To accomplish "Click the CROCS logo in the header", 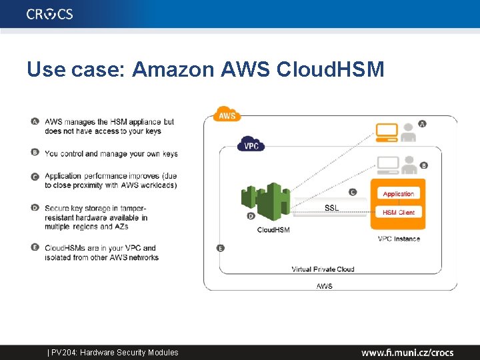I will [50, 14].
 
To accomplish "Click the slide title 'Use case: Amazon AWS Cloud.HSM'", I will [205, 69].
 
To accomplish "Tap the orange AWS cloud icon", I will [227, 115].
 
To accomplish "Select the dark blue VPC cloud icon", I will [251, 145].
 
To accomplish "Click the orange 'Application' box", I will [398, 194].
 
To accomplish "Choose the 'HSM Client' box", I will [398, 213].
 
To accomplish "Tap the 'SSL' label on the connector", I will [331, 208].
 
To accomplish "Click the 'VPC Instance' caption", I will [399, 239].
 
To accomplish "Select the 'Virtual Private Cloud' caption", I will [323, 269].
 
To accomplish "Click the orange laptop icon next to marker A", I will [387, 132].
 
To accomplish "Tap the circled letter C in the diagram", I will [353, 192].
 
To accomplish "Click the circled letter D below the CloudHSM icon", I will [251, 216].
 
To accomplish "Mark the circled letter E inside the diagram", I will [221, 248].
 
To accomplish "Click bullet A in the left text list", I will [35, 121].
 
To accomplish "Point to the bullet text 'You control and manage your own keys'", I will [111, 153].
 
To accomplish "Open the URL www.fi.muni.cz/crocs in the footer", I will [407, 352].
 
